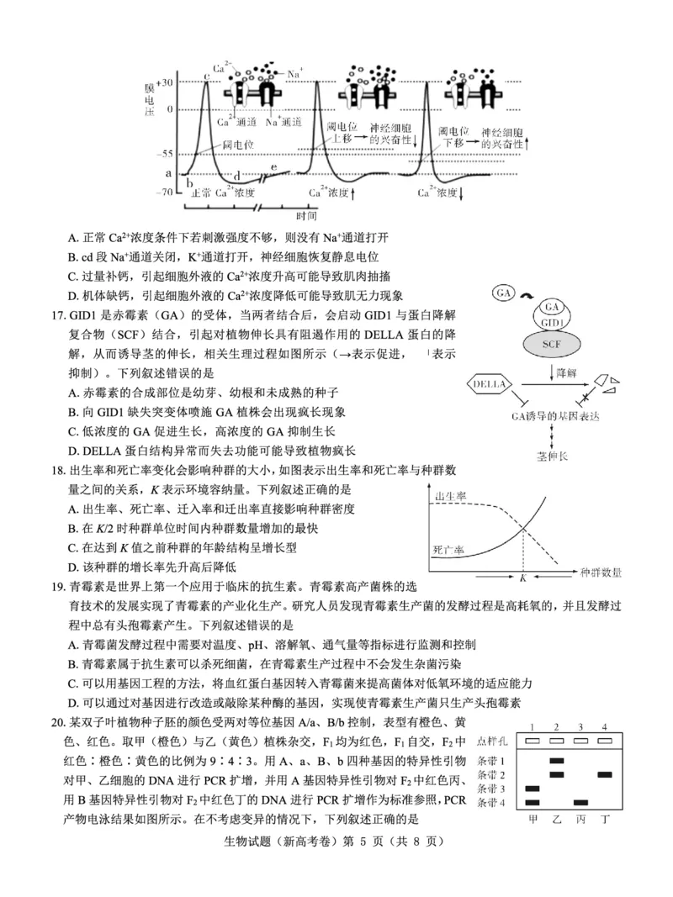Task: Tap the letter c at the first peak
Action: click(206, 77)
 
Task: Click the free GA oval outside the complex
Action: click(504, 293)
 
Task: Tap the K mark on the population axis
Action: click(522, 578)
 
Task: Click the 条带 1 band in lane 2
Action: click(556, 761)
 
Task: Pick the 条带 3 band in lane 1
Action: click(532, 789)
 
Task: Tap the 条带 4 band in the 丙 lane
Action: click(580, 803)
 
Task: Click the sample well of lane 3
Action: click(580, 741)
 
